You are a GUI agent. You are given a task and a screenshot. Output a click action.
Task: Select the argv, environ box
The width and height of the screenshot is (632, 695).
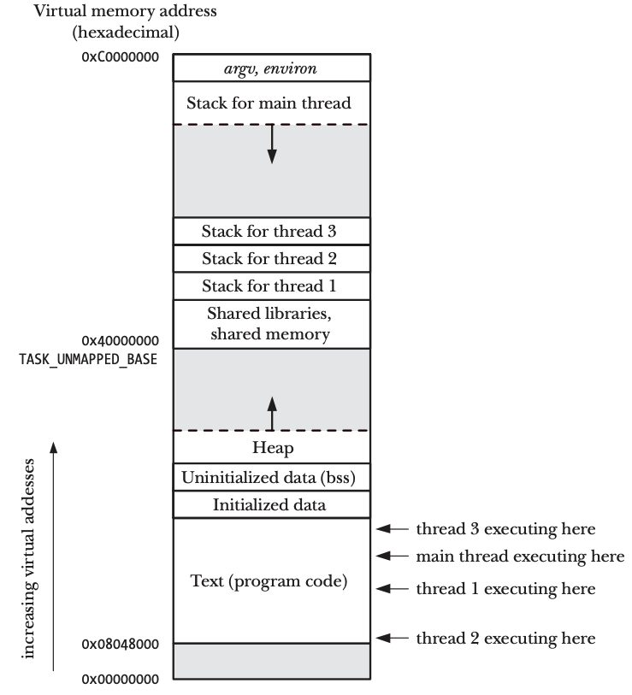point(272,68)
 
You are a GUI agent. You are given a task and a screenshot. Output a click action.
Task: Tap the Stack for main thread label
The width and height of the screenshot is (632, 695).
point(272,103)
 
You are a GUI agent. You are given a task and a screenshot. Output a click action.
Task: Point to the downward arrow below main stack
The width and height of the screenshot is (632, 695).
point(272,144)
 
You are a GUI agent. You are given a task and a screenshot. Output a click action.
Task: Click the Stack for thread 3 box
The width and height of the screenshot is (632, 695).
point(272,231)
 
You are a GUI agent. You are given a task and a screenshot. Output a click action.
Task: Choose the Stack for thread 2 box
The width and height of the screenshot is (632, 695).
point(272,258)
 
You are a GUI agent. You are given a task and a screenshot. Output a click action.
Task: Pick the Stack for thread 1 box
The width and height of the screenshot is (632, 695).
point(272,286)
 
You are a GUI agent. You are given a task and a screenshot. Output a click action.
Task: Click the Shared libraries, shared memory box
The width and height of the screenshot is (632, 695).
point(272,324)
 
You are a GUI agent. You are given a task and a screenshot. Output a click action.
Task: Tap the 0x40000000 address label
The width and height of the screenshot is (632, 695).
point(119,341)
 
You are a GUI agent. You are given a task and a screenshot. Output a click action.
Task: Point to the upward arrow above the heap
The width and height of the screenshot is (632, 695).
point(272,414)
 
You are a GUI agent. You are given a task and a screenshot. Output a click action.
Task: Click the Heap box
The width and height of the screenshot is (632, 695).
point(272,447)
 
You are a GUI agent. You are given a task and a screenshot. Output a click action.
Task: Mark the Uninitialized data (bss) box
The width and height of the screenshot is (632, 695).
point(272,476)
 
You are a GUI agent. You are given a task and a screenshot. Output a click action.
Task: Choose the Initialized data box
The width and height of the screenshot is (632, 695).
point(272,504)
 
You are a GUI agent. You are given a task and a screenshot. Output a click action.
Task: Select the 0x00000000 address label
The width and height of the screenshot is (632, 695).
point(119,680)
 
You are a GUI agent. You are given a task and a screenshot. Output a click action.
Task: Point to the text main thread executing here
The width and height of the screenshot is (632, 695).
point(521,557)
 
